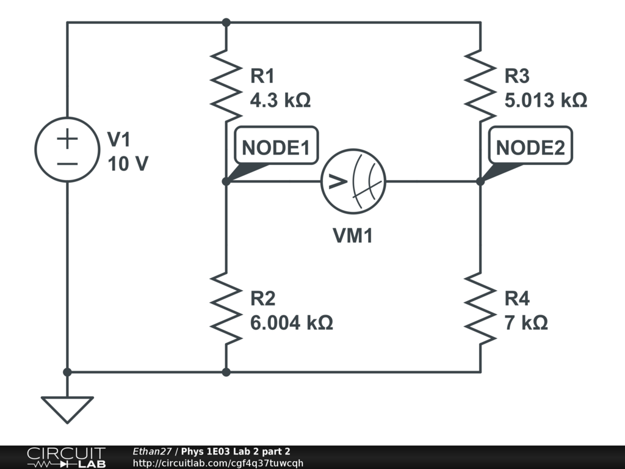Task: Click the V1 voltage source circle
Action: point(35,150)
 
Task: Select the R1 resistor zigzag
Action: point(226,85)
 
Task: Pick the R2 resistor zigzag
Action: point(226,308)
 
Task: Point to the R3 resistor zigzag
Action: point(480,85)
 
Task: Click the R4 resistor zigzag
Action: point(480,308)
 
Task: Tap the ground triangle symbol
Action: point(67,410)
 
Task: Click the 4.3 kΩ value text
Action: point(280,100)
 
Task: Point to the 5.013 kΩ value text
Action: point(546,100)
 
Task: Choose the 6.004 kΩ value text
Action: point(291,322)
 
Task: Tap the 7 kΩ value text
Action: point(526,322)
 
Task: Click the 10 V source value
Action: point(128,164)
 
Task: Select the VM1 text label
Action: point(353,235)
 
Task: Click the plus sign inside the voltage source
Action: point(67,139)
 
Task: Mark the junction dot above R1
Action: point(226,23)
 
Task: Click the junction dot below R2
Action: point(226,372)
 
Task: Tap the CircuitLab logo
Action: point(66,457)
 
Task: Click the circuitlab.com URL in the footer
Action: point(218,463)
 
